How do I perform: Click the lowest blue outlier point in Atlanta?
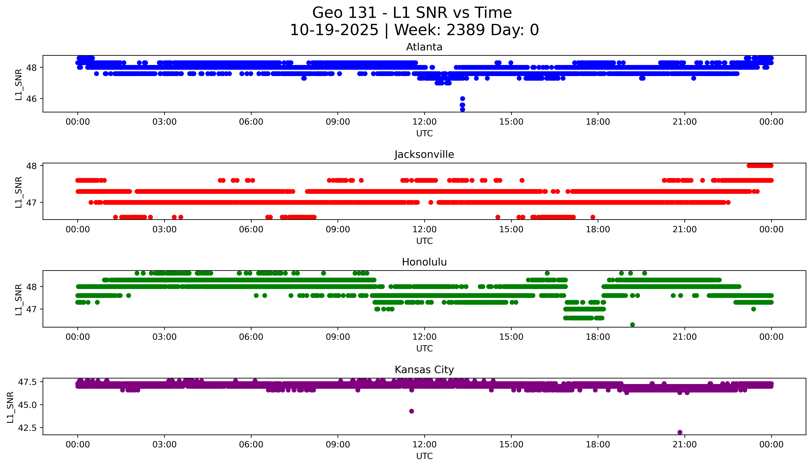462,109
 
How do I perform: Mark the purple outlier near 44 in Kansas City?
412,411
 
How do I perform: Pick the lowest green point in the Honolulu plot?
633,325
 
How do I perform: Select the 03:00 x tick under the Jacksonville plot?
164,229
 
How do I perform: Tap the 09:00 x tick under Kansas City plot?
338,445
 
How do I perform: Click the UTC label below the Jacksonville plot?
424,241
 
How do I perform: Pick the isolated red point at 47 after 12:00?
431,202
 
